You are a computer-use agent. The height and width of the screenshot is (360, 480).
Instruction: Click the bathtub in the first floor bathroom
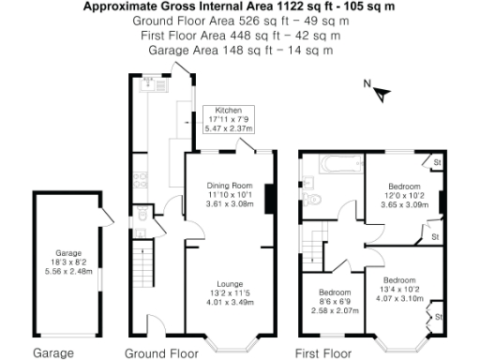(x=335, y=166)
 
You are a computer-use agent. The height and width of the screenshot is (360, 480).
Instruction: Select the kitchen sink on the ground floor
(x=147, y=86)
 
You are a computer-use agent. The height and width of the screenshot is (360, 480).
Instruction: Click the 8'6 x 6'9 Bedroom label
(x=335, y=300)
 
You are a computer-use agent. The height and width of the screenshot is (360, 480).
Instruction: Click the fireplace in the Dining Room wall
(x=270, y=200)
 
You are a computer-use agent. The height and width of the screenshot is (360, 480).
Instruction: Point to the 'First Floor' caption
(x=324, y=353)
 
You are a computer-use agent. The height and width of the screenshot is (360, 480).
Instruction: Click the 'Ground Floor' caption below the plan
(x=161, y=353)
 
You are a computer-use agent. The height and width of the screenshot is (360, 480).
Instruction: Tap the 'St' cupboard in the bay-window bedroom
(x=438, y=318)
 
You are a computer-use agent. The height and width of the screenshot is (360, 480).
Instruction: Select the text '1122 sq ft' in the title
(x=297, y=6)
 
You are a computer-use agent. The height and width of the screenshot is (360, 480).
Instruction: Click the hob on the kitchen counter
(x=139, y=175)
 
